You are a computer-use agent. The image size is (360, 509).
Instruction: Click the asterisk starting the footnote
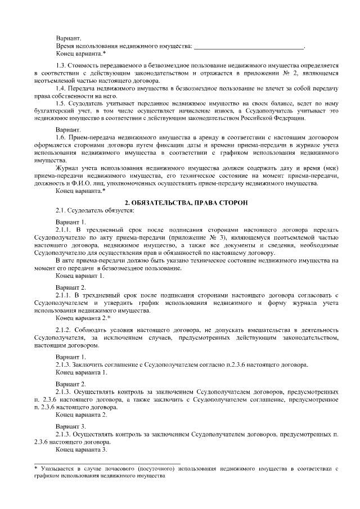[35, 468]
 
